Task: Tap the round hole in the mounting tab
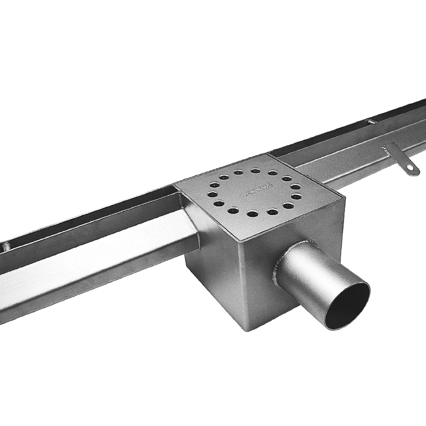coord(410,168)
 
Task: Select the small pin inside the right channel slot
coord(371,122)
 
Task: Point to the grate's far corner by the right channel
coord(268,155)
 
